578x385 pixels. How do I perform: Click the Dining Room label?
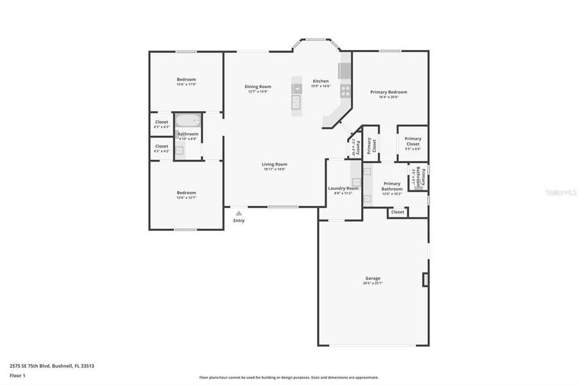click(258, 87)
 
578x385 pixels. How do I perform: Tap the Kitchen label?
click(321, 81)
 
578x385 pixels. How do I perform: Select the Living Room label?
click(274, 164)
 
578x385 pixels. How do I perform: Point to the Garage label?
click(373, 278)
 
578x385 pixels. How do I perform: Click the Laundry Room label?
click(343, 188)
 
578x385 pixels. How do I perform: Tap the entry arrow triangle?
click(239, 213)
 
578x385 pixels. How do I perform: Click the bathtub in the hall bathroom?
click(188, 120)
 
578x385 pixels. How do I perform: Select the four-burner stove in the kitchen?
click(345, 90)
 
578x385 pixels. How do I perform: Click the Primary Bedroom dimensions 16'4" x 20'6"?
click(389, 98)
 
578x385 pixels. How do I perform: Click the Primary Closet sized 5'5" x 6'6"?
click(413, 144)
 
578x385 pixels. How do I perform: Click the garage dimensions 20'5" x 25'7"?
click(373, 283)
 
